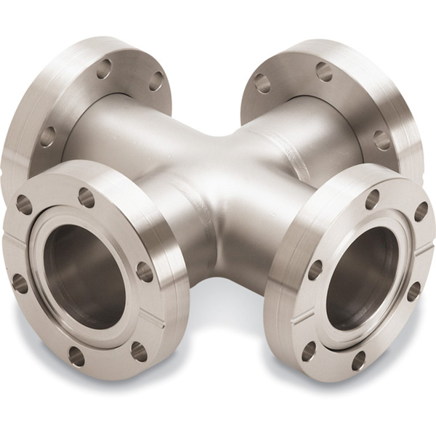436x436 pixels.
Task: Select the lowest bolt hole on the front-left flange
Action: click(x=75, y=355)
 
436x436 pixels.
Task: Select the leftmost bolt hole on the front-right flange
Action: click(x=314, y=270)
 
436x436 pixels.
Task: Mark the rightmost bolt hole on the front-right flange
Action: click(x=421, y=211)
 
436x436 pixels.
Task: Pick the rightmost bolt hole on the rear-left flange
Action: click(x=156, y=81)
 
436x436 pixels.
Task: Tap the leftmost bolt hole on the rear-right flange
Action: click(x=262, y=83)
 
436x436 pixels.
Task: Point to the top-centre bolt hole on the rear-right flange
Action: click(x=323, y=71)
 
